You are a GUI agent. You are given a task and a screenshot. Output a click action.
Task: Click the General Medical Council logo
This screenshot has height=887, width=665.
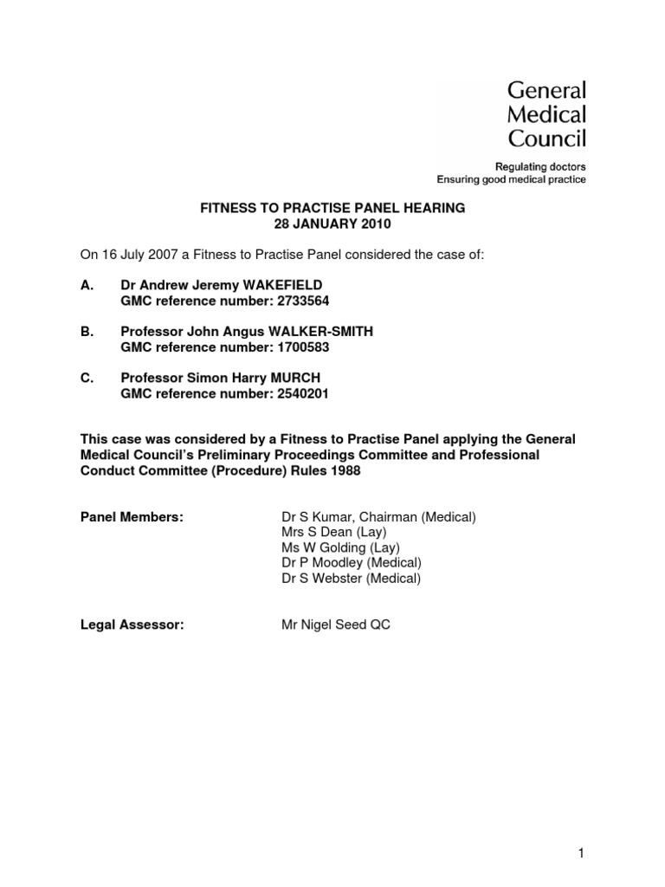pyautogui.click(x=546, y=113)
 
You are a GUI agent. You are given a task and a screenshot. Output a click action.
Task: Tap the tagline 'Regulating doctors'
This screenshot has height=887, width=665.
pyautogui.click(x=539, y=166)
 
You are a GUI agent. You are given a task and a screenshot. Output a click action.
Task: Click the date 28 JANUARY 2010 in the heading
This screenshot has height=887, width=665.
pyautogui.click(x=334, y=224)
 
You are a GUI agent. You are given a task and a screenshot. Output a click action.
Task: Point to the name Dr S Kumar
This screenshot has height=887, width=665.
pyautogui.click(x=313, y=517)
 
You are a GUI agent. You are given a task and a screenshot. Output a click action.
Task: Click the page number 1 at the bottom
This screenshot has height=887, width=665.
pyautogui.click(x=582, y=853)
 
